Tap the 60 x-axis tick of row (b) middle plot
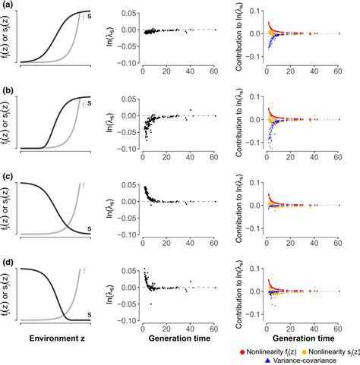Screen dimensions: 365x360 click(214, 156)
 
